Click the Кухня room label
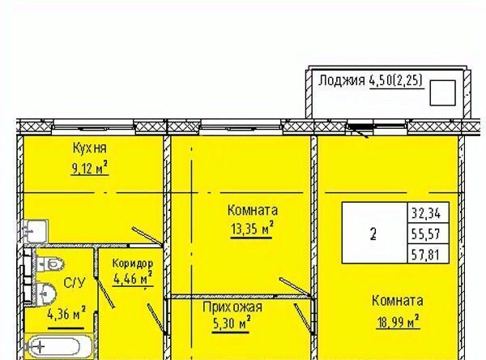click(90, 148)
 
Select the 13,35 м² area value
click(252, 229)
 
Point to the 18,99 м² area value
click(398, 321)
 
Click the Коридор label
click(133, 264)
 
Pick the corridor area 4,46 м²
click(133, 278)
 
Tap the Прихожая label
click(232, 307)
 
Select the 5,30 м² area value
click(231, 324)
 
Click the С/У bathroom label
click(74, 283)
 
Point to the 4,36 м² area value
click(66, 314)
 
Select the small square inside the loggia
click(442, 92)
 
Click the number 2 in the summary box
click(373, 234)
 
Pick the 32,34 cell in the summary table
click(428, 213)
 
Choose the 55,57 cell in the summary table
click(428, 234)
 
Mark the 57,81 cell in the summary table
click(428, 254)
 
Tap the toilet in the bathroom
click(50, 264)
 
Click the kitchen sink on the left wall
click(36, 231)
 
